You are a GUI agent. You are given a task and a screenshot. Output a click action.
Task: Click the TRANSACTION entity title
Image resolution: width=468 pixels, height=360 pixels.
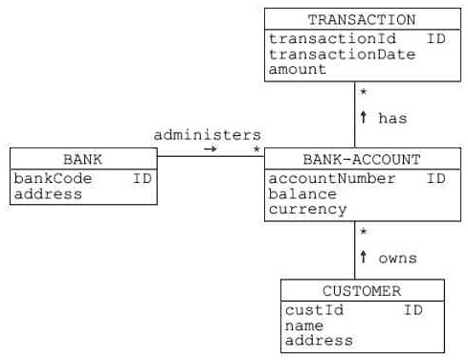coord(362,19)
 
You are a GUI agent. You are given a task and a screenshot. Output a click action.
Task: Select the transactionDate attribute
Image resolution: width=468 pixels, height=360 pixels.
coord(342,55)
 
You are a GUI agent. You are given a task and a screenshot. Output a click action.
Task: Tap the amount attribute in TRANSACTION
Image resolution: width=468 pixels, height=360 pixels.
coord(297,70)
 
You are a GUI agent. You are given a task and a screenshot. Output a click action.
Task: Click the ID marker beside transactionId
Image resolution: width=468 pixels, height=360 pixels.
coord(435,39)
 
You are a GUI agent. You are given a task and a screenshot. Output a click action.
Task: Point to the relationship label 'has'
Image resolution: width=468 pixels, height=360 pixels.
coord(392,119)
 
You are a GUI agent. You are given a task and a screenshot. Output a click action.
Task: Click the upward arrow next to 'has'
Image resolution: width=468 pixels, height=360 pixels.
coord(364,118)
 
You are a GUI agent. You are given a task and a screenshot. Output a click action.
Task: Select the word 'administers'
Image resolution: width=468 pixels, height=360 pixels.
coord(207,135)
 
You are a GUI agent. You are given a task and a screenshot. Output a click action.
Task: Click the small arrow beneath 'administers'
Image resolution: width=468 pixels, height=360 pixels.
coord(210,150)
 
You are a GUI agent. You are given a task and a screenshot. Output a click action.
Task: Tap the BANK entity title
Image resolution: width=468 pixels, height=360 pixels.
coord(82,159)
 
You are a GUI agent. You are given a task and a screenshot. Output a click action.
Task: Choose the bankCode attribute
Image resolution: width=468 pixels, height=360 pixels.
coord(52,179)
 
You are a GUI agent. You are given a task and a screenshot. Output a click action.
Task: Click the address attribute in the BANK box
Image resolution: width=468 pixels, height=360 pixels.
coord(48,194)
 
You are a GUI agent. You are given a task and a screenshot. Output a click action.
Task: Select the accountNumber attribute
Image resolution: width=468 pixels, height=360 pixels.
coord(329,179)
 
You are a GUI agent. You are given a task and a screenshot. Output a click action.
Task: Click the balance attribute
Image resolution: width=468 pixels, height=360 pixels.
coord(302,194)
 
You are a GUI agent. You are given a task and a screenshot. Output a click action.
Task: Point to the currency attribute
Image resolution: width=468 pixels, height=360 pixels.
coord(307,210)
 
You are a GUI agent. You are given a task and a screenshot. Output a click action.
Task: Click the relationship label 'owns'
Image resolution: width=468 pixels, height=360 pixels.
coord(397,259)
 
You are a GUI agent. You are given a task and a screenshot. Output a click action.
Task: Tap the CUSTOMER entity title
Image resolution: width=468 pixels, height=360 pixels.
coord(362,291)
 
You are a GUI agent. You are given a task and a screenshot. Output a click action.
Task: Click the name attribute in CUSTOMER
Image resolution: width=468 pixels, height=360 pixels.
coord(304,326)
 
